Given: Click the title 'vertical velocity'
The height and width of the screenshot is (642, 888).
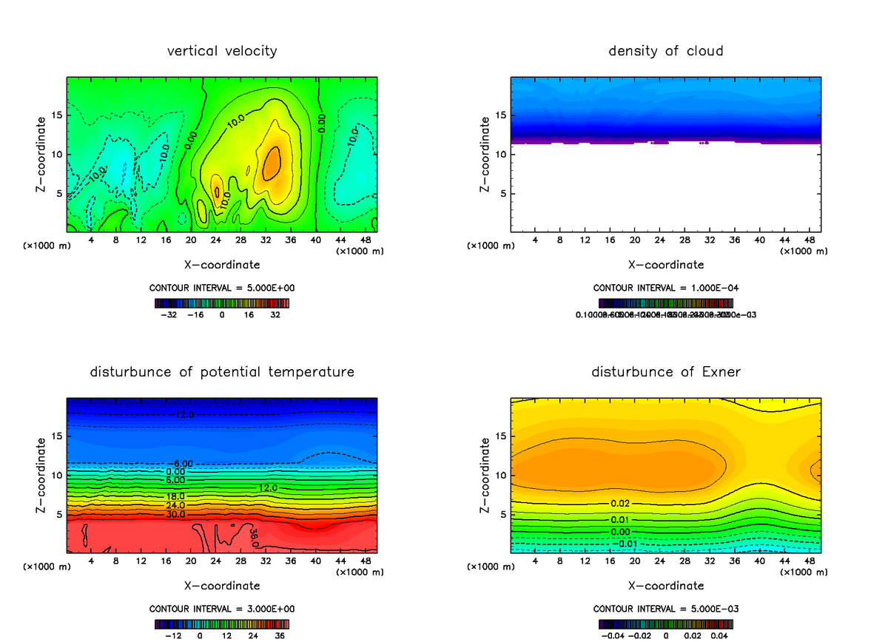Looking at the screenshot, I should tap(222, 51).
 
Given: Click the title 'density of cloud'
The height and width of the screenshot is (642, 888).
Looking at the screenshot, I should tap(665, 51).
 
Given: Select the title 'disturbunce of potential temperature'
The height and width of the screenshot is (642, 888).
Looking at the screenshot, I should tap(222, 371).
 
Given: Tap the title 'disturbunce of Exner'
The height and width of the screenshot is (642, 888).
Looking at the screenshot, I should tap(665, 371).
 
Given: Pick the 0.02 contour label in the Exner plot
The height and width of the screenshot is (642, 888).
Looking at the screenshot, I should tap(620, 503).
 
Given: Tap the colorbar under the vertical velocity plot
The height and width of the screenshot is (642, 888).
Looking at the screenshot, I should tap(222, 303).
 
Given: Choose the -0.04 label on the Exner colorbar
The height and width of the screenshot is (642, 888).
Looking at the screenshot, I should tap(611, 635).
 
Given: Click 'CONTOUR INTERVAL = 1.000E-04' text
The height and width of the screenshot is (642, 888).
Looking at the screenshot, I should tap(665, 288).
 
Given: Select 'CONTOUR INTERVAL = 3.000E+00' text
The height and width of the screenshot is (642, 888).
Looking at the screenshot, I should tap(222, 609).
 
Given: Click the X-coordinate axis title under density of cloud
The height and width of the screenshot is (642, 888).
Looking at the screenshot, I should tap(665, 264).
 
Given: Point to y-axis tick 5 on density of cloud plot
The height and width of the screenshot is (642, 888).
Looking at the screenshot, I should tap(502, 194).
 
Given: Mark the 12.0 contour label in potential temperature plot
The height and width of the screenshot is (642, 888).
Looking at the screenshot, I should tap(268, 487).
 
